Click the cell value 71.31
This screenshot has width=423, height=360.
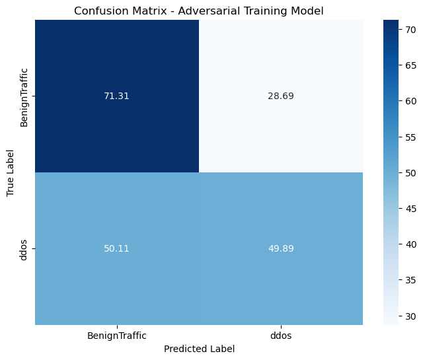click(x=116, y=96)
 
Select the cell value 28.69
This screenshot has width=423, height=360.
click(x=280, y=96)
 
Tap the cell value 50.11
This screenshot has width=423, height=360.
click(x=116, y=248)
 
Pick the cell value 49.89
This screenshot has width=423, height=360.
click(x=280, y=248)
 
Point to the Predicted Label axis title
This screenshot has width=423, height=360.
click(x=198, y=348)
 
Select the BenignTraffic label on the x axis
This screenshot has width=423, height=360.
click(x=116, y=336)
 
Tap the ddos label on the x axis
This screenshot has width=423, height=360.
click(x=280, y=336)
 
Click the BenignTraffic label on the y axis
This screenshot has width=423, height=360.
click(x=24, y=96)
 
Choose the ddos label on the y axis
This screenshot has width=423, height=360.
click(x=24, y=248)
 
